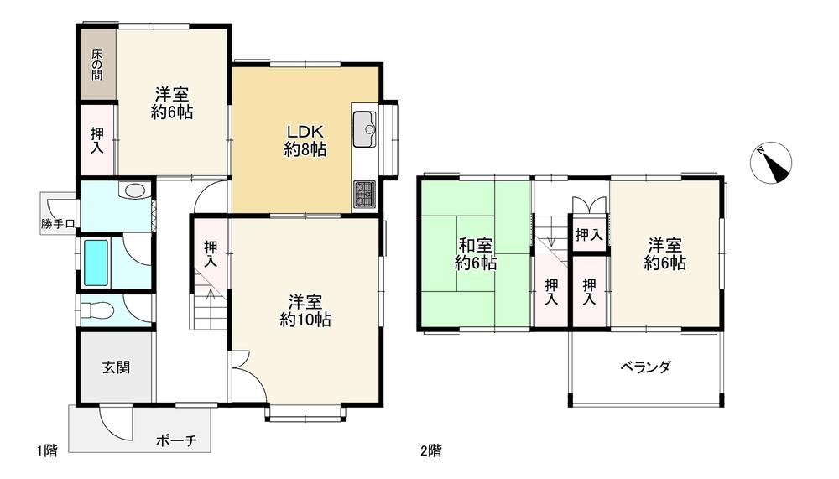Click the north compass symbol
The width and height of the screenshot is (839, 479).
pos(770,163)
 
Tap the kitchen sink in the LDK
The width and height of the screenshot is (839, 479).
pos(364,129)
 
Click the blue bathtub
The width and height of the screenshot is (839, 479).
pos(96,263)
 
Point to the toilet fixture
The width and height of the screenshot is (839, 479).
pos(96,310)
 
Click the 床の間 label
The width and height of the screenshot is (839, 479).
pos(96,65)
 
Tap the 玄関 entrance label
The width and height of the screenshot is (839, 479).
pos(116,367)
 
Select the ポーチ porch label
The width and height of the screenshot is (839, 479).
pos(176,440)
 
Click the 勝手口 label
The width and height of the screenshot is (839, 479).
pos(58,224)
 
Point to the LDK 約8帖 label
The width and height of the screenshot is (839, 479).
pos(305,140)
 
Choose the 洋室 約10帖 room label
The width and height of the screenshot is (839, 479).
pos(305,310)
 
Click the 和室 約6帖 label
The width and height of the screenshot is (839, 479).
pos(476,254)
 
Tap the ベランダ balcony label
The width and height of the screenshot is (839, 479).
pos(645,367)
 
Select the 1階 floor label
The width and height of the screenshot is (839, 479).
pos(47,450)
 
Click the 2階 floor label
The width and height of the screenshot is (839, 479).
pos(431,450)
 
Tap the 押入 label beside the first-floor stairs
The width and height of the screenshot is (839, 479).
pos(211,254)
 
